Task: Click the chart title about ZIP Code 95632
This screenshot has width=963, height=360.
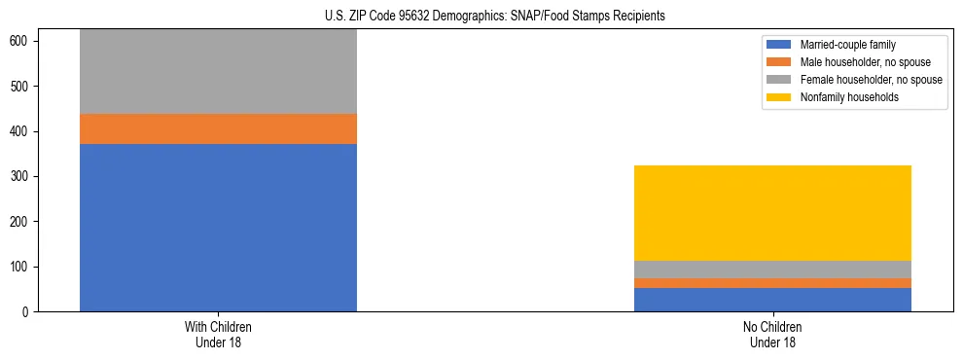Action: (495, 17)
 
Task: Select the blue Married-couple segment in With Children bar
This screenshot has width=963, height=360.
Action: (218, 228)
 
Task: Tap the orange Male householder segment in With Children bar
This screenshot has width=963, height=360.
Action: (218, 129)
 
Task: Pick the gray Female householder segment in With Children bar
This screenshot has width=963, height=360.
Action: (218, 72)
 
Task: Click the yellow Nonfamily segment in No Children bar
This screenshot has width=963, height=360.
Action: (772, 213)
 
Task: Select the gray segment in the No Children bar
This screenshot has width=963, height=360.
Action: (772, 270)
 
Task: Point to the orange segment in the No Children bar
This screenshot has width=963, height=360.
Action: (772, 283)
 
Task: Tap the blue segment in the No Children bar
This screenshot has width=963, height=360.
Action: (772, 300)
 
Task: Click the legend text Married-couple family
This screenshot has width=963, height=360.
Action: (847, 45)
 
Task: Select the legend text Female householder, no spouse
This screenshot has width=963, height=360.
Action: (871, 80)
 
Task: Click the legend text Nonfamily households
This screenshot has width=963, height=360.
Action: (848, 97)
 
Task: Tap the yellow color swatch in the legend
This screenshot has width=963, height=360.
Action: (779, 97)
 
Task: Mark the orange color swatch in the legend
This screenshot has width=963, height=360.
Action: (779, 62)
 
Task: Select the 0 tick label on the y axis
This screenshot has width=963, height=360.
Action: (25, 312)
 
